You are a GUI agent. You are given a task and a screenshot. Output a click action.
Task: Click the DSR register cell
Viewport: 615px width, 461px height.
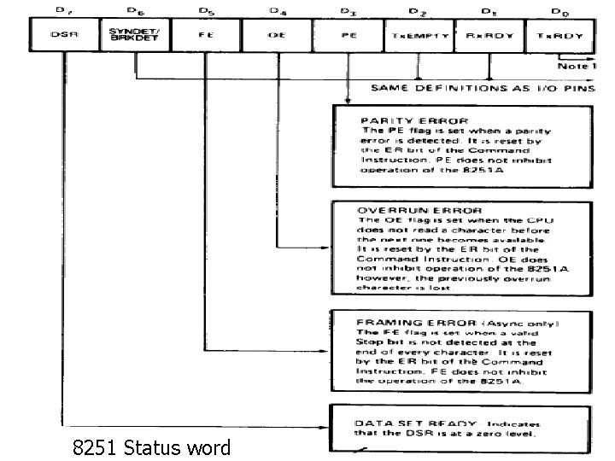point(65,37)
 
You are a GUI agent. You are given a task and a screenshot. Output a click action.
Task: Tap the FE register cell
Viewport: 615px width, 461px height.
point(206,37)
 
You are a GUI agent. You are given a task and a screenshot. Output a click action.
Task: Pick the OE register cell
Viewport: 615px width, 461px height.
point(276,37)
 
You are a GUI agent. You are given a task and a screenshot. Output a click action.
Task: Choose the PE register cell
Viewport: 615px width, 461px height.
point(347,37)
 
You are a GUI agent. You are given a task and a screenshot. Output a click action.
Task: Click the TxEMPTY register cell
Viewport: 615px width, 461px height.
point(418,37)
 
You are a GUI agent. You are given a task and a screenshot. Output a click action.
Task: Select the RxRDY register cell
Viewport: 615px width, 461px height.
point(488,37)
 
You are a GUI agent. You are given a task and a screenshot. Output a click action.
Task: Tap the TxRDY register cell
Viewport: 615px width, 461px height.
point(555,37)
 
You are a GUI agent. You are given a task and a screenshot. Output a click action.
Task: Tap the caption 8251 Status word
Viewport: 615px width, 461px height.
point(151,446)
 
